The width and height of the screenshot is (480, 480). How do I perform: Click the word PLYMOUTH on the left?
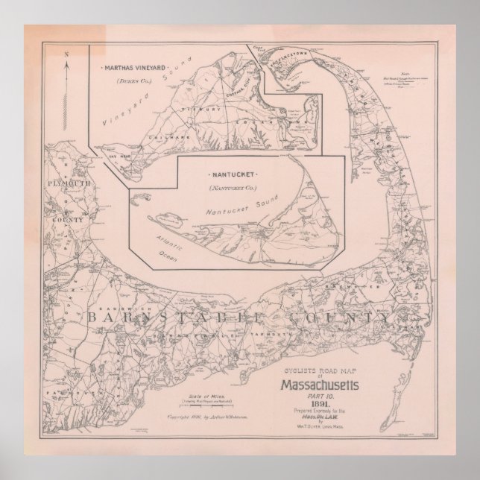(x=66, y=183)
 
